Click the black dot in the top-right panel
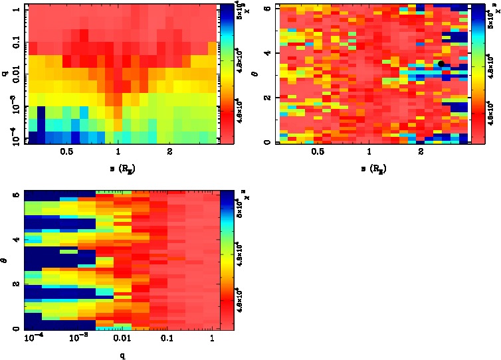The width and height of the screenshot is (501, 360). (x=441, y=64)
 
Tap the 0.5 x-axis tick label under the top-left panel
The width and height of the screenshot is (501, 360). (x=66, y=152)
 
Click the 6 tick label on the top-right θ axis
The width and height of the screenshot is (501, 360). (x=272, y=8)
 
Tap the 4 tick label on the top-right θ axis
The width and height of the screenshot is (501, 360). (x=272, y=52)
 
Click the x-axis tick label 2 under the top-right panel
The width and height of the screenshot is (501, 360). (x=422, y=152)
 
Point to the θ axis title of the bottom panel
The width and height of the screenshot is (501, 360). (x=6, y=260)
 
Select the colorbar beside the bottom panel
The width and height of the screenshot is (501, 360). (x=227, y=260)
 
